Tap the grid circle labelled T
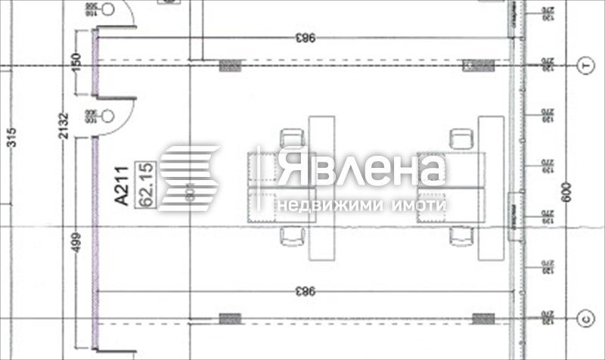click(584, 67)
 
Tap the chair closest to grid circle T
click(460, 138)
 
